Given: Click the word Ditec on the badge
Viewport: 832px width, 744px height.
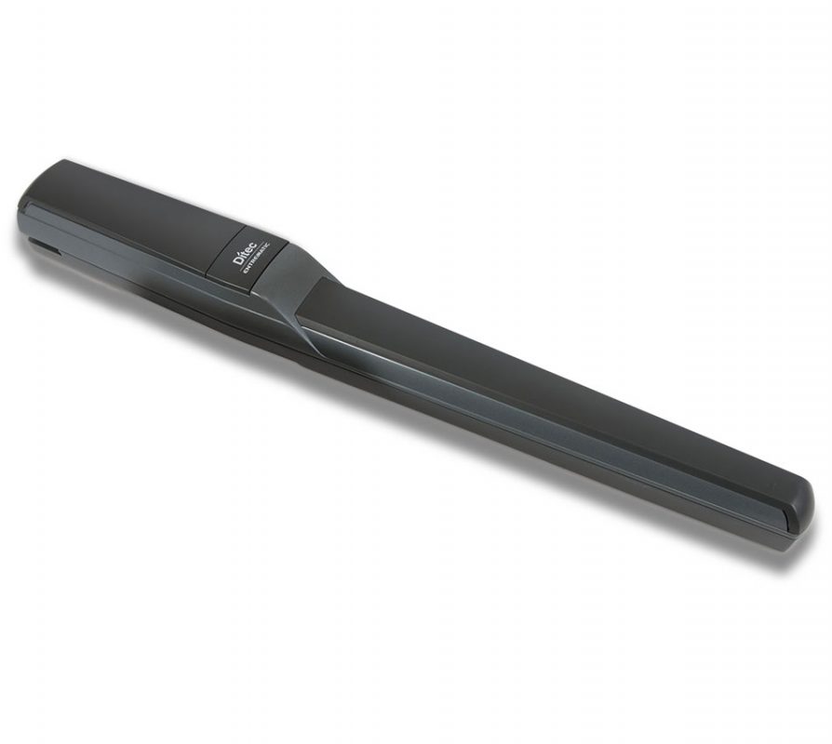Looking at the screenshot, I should click(244, 253).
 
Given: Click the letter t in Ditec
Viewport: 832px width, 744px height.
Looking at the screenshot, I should click(245, 252).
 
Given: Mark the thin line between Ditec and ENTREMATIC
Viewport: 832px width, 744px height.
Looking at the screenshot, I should click(252, 258).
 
